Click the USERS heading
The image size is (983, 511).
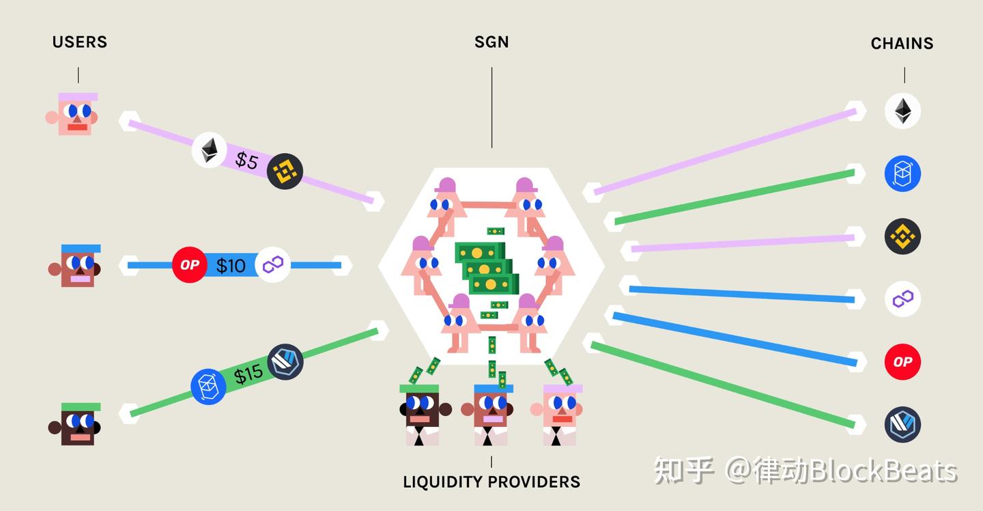click(80, 42)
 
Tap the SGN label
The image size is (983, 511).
click(491, 42)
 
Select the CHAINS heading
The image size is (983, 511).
click(902, 44)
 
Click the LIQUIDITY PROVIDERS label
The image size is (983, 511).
click(491, 482)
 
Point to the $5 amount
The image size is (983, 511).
click(246, 161)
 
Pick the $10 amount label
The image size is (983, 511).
click(231, 265)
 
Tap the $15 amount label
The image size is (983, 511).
click(248, 374)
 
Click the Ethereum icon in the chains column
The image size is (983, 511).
click(902, 111)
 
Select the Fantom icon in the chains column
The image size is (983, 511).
click(902, 174)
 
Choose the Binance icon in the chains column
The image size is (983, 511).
click(902, 236)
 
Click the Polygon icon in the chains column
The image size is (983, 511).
click(902, 299)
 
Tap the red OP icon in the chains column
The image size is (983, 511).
click(902, 361)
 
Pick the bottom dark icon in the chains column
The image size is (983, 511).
click(902, 424)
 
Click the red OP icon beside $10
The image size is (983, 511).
click(189, 265)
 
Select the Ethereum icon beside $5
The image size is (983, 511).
click(209, 150)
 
